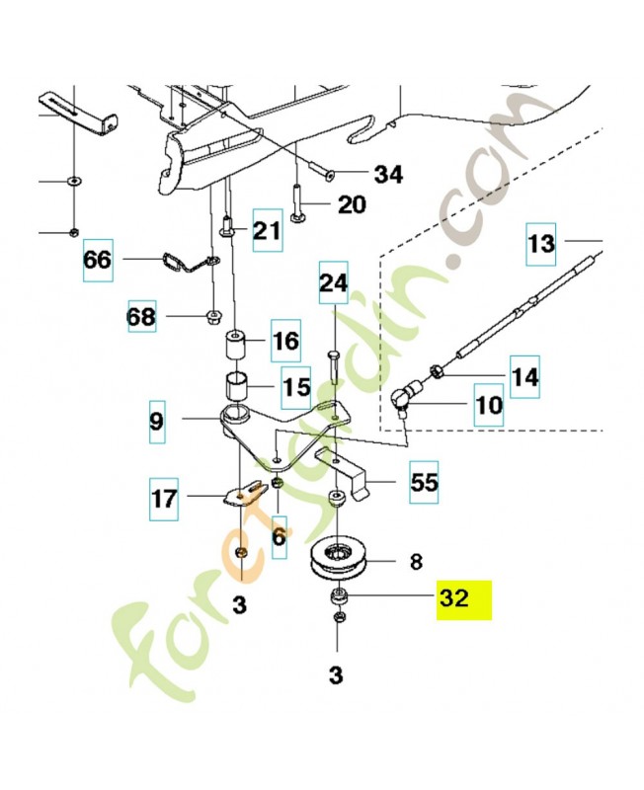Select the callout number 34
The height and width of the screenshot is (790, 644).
(x=388, y=175)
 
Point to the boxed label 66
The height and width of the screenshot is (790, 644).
(x=98, y=262)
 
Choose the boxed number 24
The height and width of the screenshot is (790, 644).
(x=333, y=283)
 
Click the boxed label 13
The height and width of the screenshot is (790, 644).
(x=540, y=243)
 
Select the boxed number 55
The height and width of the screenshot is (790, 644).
(x=424, y=484)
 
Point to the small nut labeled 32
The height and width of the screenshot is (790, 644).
(x=338, y=595)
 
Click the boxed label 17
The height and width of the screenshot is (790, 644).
(x=165, y=499)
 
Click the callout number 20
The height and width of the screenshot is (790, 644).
(x=352, y=204)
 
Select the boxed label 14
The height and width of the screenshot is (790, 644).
(x=523, y=375)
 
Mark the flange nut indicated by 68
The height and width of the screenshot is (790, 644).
(x=213, y=316)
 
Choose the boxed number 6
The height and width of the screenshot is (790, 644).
(x=279, y=534)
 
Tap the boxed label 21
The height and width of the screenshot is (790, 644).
(x=267, y=230)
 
